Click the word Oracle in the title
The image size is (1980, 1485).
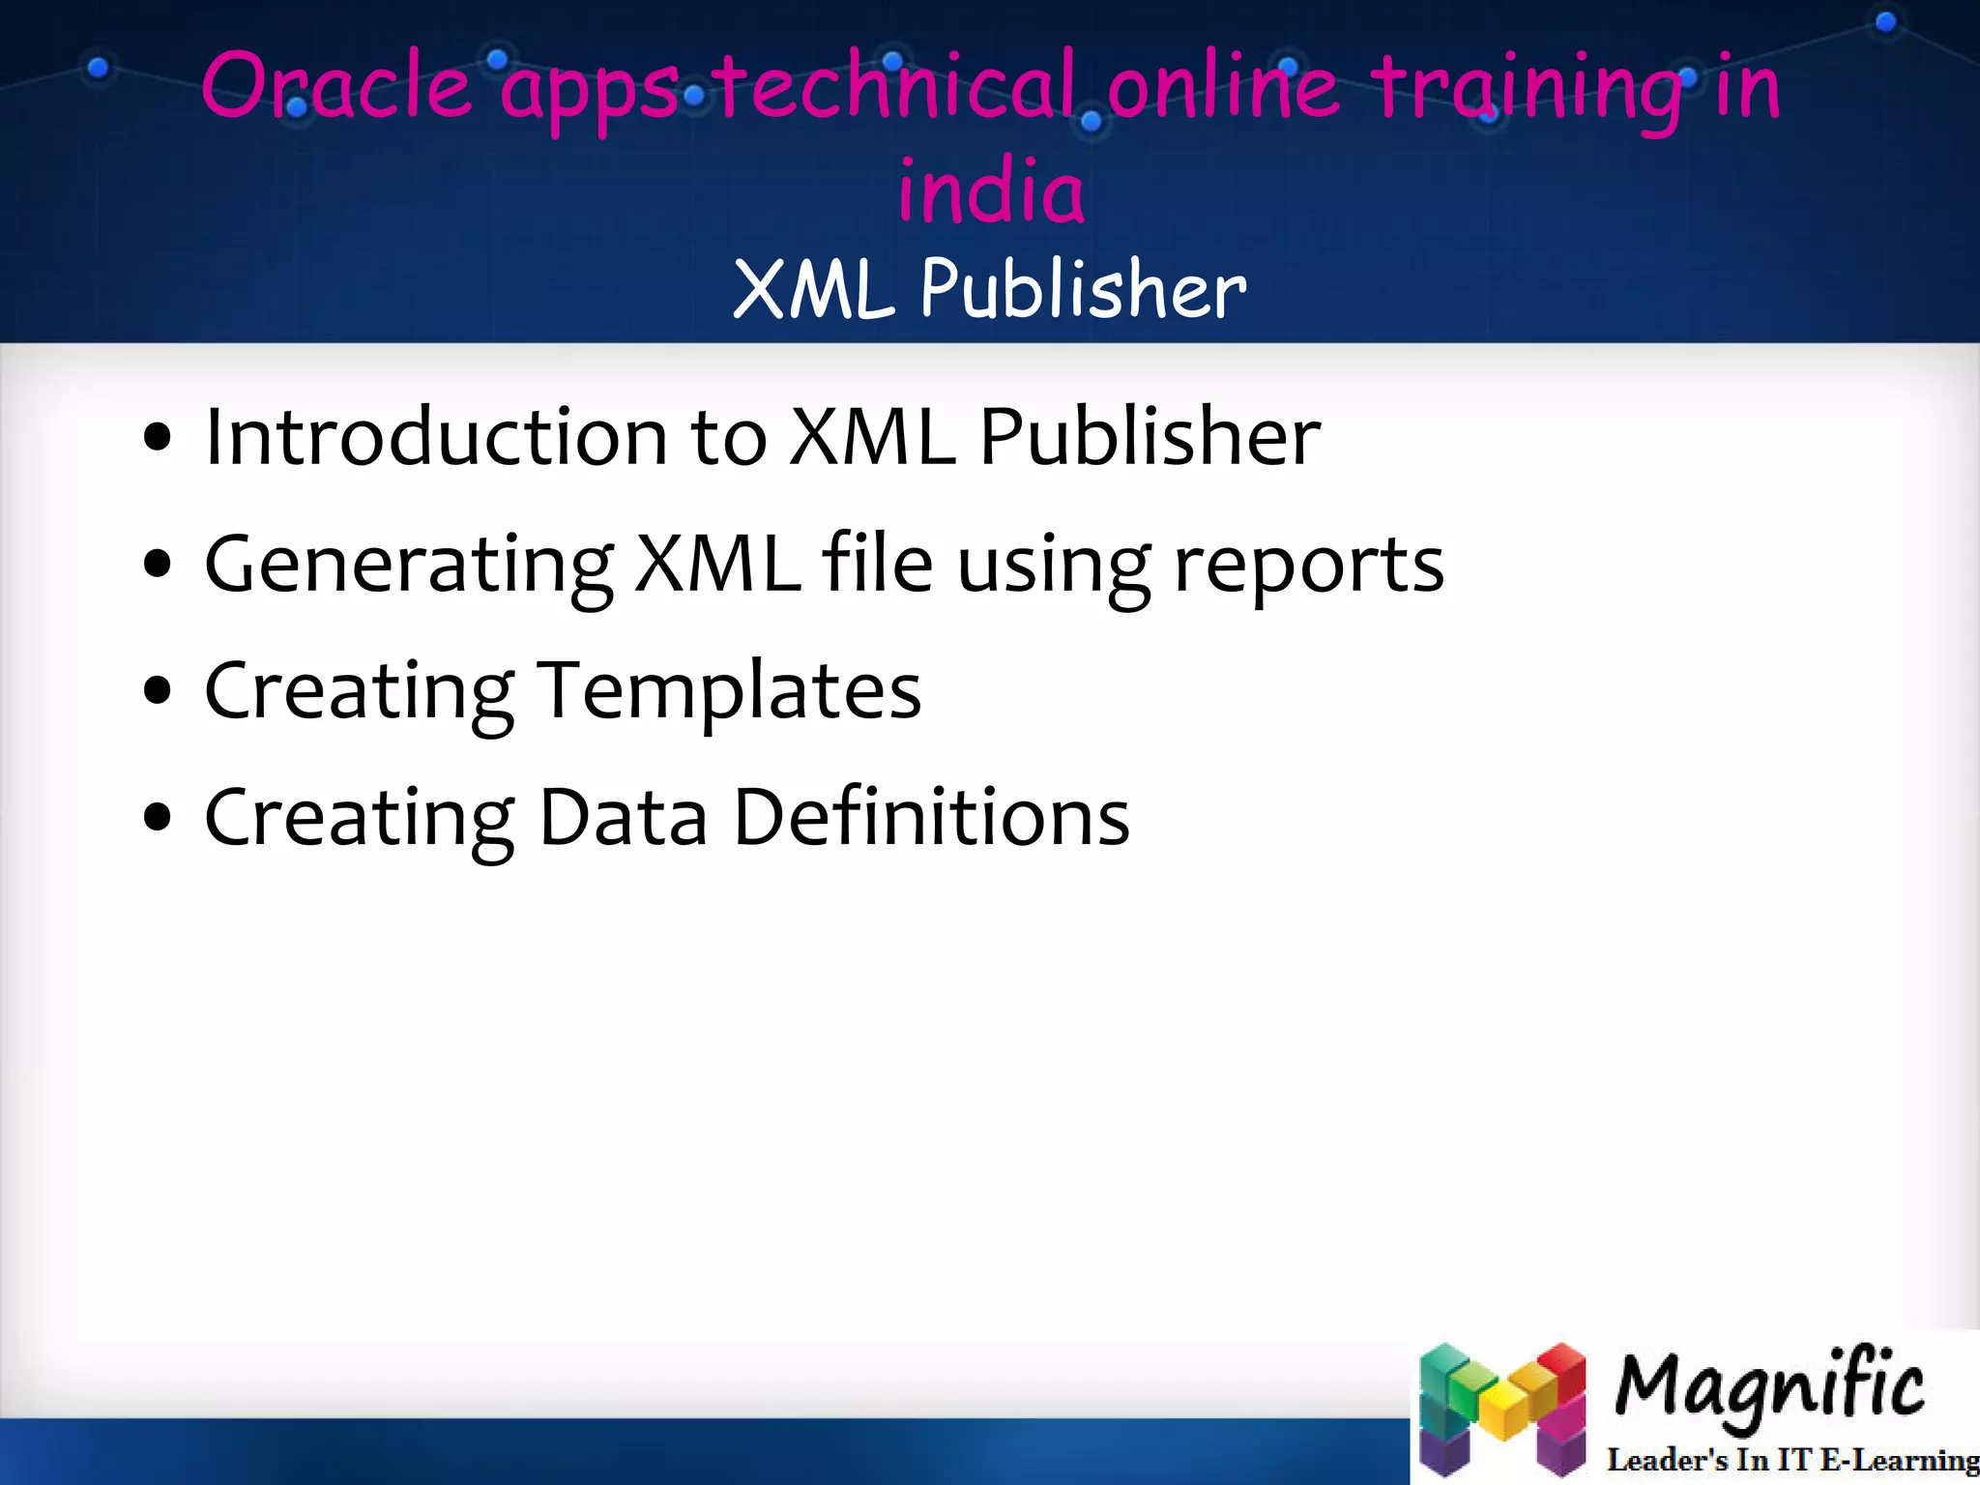click(336, 87)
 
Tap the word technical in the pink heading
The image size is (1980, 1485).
click(897, 87)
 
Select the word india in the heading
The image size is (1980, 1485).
click(991, 190)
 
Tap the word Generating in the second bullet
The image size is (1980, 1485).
click(408, 566)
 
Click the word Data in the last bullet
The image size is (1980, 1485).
click(623, 818)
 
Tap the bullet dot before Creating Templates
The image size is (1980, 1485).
click(157, 691)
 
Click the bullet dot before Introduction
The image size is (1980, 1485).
click(157, 437)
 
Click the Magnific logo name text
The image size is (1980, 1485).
click(1768, 1387)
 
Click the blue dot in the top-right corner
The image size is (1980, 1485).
click(1885, 22)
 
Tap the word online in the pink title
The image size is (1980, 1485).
click(1223, 87)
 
